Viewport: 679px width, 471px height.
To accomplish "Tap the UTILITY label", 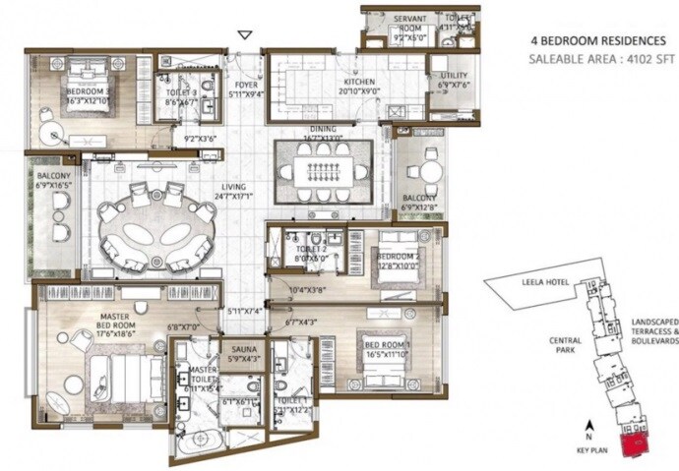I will point(454,76).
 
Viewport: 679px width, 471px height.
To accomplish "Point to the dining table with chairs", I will point(323,174).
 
